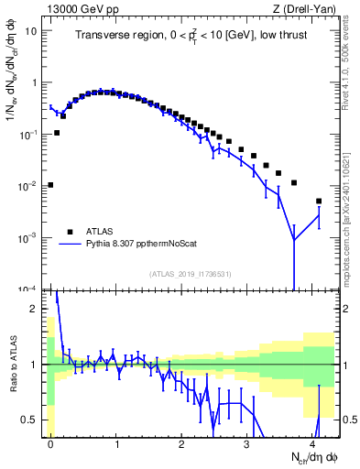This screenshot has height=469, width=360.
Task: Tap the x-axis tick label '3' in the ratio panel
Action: tap(247, 442)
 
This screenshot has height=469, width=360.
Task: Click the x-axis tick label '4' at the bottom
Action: tap(312, 442)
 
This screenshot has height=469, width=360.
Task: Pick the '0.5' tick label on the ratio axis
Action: tap(33, 420)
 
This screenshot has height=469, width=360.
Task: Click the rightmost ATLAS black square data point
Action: tap(319, 201)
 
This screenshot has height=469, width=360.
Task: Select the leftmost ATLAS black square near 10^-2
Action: tap(50, 185)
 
